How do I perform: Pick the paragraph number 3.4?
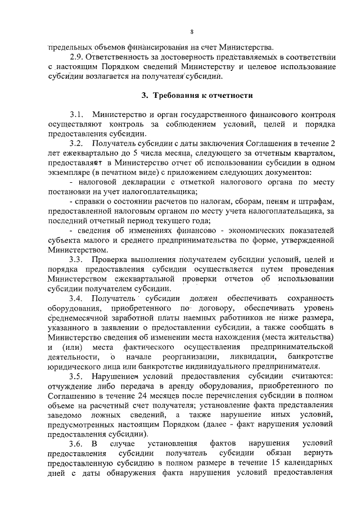(x=76, y=298)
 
